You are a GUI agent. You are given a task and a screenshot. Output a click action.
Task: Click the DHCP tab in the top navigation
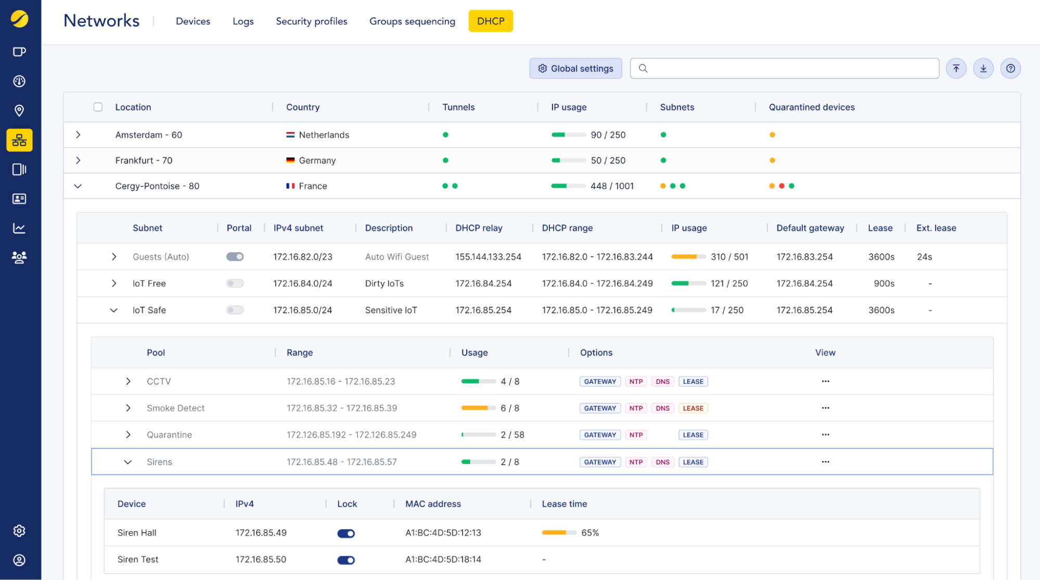coord(490,21)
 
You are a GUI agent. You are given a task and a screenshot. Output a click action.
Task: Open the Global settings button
coord(575,69)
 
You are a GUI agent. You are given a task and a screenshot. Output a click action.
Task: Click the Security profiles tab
coord(311,21)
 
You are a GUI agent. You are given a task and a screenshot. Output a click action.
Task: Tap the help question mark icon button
coord(1010,69)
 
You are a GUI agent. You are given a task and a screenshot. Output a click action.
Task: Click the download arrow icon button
coord(983,69)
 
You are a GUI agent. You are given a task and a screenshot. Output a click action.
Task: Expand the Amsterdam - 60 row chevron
coord(78,135)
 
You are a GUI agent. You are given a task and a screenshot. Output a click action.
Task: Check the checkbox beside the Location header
coord(98,107)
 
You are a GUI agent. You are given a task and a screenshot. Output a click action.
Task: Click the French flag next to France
coord(290,186)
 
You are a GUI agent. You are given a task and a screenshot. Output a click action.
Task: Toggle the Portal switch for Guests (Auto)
coord(235,257)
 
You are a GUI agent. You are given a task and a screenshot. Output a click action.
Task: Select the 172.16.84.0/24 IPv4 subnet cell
coord(302,283)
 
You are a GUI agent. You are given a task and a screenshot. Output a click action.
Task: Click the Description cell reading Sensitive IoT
coord(391,310)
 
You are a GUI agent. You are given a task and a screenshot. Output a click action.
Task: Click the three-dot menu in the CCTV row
coord(825,381)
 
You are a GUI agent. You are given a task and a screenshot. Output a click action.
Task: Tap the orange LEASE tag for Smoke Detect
coord(692,408)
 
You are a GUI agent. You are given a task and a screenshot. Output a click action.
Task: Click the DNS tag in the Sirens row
coord(662,462)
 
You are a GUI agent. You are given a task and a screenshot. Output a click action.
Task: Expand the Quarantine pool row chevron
coord(128,435)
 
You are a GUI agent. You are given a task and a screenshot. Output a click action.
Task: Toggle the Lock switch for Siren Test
coord(346,560)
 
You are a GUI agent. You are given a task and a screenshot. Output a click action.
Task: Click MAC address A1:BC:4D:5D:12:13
coord(443,533)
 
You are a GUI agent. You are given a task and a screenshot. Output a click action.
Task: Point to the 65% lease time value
coord(589,533)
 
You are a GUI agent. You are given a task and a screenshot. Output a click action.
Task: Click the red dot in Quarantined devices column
coord(781,186)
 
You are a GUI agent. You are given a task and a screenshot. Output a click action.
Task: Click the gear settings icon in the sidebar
coord(19,531)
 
